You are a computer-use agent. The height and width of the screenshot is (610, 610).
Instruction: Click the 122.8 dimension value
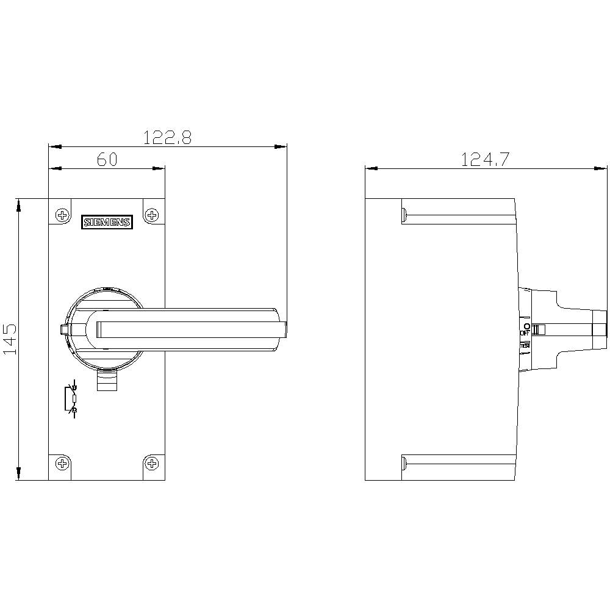(167, 137)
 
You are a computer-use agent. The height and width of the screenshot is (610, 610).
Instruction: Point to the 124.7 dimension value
(485, 159)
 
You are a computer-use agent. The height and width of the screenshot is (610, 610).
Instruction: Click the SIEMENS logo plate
(107, 223)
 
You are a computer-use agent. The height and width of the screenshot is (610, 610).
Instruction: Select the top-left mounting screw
(62, 215)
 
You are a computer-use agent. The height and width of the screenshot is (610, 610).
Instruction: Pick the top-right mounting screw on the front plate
(152, 215)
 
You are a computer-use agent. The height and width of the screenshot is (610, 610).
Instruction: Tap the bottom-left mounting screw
(62, 464)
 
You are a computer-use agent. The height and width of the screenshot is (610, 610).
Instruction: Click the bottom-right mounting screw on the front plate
(152, 464)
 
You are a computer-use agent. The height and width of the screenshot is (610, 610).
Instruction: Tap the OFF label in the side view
(525, 334)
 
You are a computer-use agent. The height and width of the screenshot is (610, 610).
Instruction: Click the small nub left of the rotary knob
(63, 330)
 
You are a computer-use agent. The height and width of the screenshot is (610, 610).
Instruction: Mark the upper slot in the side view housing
(457, 214)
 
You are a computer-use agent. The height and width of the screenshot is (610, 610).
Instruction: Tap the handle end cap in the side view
(600, 330)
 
